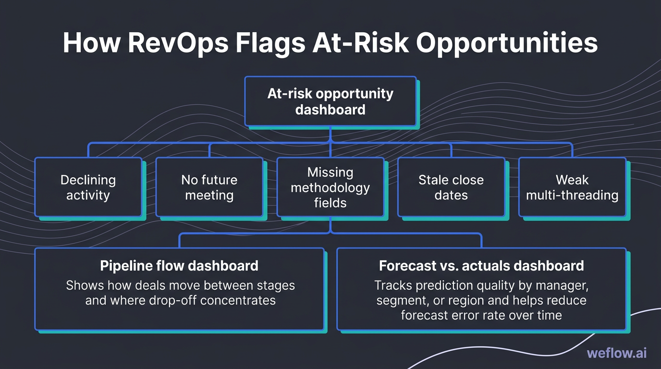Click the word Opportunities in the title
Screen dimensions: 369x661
507,43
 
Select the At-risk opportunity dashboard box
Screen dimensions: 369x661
330,101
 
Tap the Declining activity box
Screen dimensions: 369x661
88,187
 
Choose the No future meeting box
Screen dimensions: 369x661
209,187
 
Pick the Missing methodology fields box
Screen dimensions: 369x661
330,187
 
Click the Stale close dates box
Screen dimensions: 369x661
451,187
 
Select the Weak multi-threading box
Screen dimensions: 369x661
572,187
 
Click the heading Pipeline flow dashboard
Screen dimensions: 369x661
179,266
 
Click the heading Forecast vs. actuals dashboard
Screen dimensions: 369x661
481,266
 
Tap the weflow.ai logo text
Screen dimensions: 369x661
617,353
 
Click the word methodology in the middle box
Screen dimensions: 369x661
330,187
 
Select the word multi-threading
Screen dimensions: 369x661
572,195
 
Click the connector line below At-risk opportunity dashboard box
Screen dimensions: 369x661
330,135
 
